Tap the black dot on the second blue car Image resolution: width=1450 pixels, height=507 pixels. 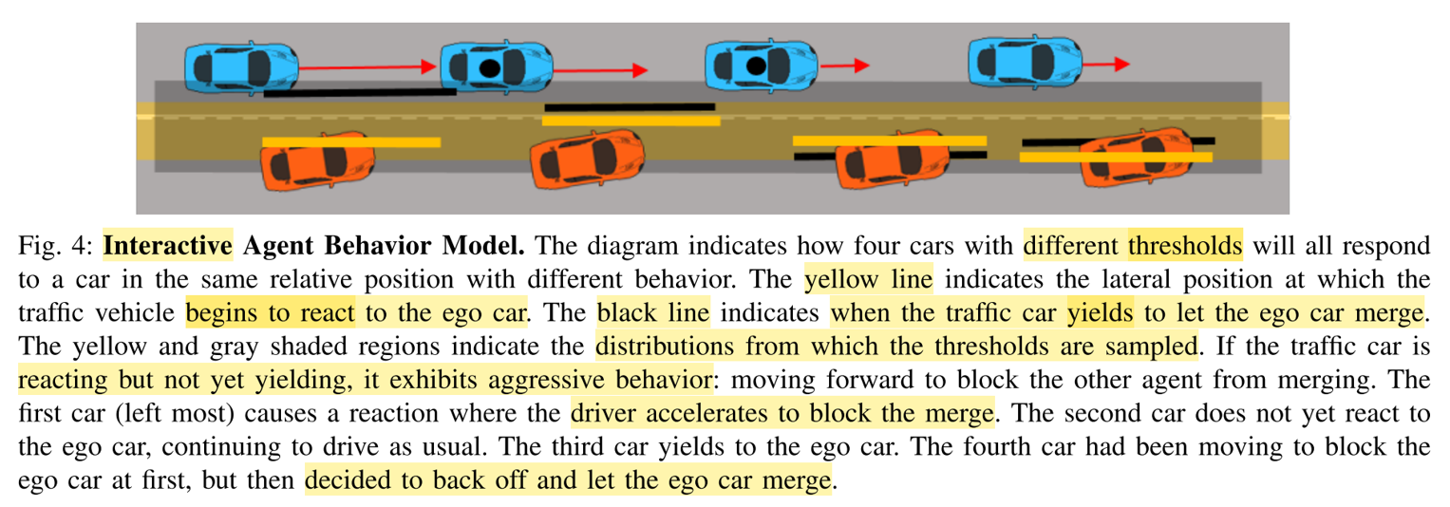[488, 67]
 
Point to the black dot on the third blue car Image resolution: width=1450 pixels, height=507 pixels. [756, 66]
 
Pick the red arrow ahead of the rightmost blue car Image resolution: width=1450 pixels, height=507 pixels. [1107, 64]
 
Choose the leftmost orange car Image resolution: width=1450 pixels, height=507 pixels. [314, 160]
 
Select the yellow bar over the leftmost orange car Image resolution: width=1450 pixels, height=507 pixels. [350, 142]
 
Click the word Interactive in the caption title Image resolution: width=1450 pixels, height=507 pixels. [167, 246]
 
